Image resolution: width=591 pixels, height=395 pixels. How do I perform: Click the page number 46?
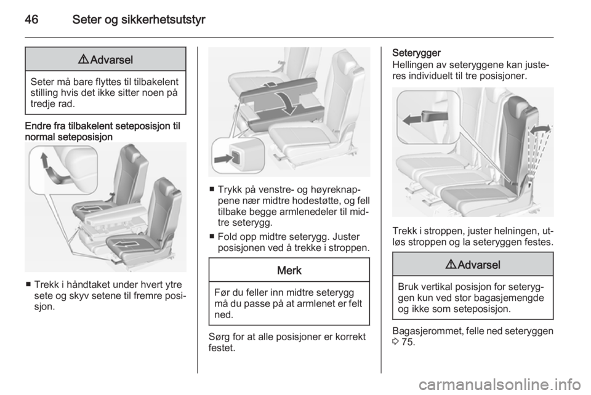(31, 19)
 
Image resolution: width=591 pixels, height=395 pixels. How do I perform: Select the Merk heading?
(289, 270)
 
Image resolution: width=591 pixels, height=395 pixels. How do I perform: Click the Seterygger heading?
(417, 53)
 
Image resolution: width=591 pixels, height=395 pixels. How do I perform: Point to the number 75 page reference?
(408, 342)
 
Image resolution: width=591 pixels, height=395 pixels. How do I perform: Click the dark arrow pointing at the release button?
(223, 159)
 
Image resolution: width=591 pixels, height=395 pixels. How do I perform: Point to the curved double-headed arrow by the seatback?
(540, 129)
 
